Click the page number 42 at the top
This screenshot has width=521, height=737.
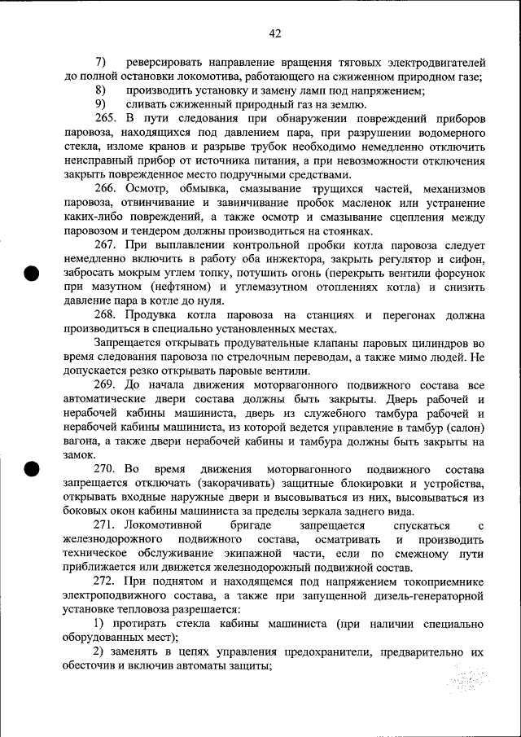pyautogui.click(x=274, y=33)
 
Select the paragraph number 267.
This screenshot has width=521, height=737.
pyautogui.click(x=106, y=245)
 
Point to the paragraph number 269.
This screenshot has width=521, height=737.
pyautogui.click(x=106, y=384)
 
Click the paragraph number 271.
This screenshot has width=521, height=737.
pyautogui.click(x=106, y=525)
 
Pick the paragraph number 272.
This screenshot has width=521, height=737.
pyautogui.click(x=106, y=581)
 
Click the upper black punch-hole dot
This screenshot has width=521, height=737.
pyautogui.click(x=32, y=273)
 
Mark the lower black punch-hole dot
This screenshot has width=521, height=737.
pyautogui.click(x=32, y=469)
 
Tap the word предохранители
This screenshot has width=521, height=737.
pyautogui.click(x=325, y=651)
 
